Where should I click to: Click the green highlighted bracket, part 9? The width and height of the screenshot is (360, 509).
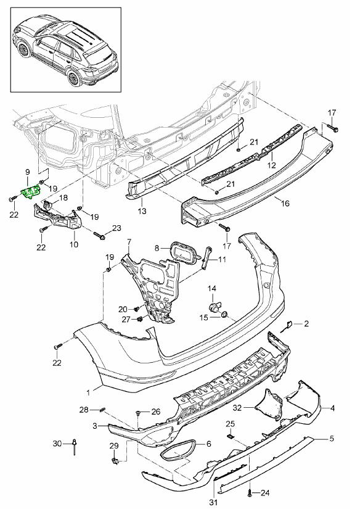(30, 194)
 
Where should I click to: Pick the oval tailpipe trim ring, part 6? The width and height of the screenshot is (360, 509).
(178, 450)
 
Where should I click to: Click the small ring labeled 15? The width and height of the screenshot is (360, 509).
(224, 316)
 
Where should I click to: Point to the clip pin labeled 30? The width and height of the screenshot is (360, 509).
(74, 444)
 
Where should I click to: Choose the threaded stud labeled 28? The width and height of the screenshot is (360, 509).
(104, 409)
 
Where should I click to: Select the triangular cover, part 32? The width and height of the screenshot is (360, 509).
(267, 403)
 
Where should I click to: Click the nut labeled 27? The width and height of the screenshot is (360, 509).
(141, 319)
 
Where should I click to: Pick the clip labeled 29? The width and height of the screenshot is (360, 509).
(115, 459)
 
